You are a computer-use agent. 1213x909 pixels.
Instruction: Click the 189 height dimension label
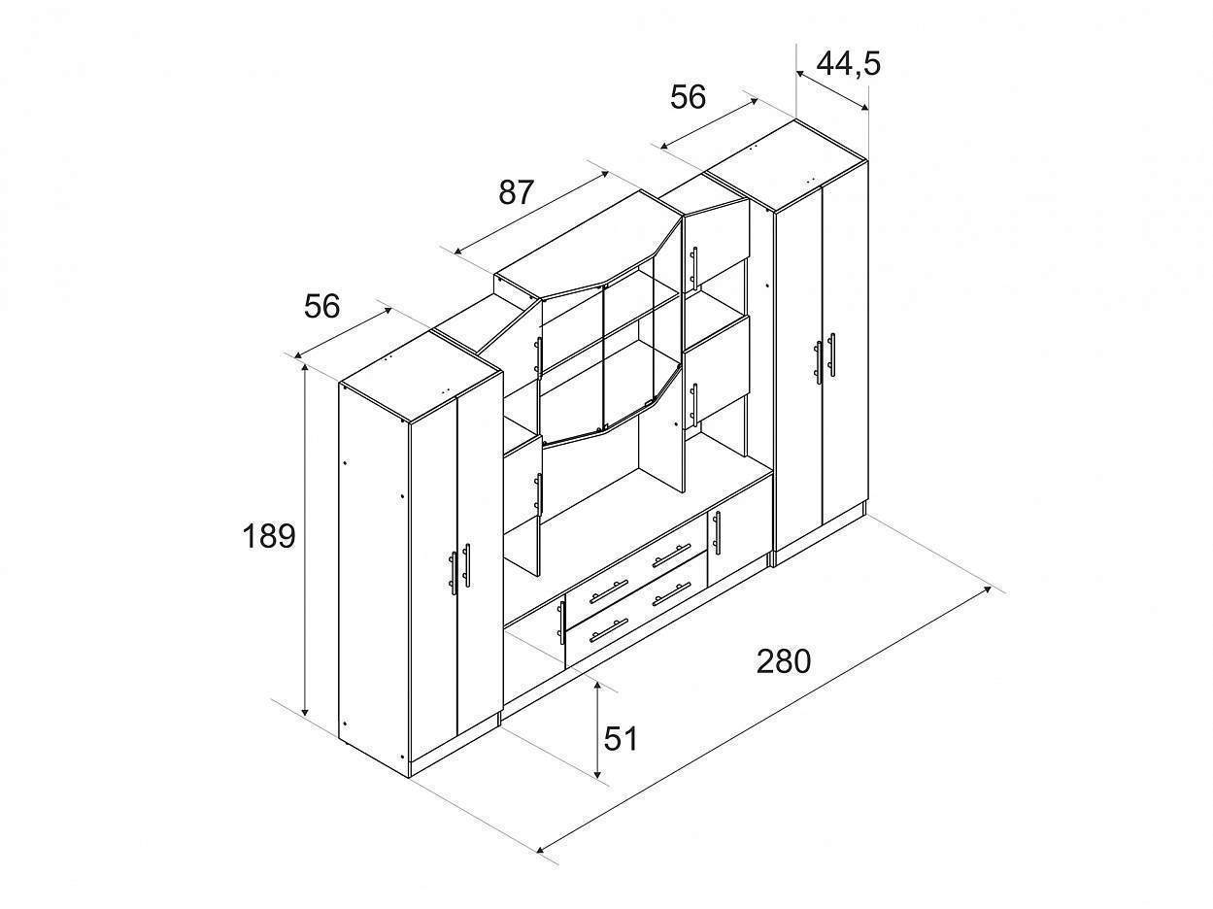269,536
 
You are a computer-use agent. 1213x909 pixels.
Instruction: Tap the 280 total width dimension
783,661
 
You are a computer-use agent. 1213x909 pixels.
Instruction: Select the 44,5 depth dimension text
848,63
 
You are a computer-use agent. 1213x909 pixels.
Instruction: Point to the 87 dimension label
516,192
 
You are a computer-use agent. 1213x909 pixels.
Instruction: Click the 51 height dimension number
621,739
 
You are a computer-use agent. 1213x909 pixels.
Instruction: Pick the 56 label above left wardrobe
321,306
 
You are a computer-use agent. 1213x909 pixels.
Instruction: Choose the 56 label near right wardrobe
688,97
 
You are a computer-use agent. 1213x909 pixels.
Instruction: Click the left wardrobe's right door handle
467,565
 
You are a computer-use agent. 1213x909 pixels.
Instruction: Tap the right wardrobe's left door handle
819,362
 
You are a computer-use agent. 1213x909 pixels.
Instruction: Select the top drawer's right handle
671,555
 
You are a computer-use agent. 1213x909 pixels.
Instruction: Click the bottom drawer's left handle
608,630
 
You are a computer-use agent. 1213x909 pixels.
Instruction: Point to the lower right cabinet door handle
717,533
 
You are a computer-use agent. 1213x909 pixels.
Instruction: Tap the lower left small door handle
561,623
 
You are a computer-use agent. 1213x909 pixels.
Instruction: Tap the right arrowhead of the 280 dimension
986,590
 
